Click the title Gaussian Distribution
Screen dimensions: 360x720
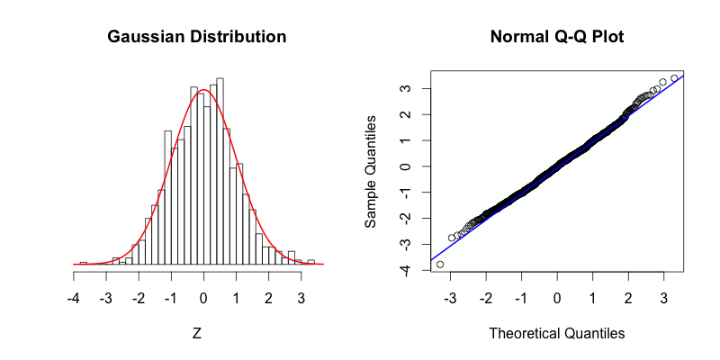197,38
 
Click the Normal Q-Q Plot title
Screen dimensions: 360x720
556,38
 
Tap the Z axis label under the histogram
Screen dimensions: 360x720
197,333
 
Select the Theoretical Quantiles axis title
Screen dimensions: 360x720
556,333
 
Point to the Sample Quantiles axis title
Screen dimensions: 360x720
371,170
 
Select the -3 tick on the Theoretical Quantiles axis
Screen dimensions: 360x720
451,298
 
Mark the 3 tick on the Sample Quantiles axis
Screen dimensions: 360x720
407,89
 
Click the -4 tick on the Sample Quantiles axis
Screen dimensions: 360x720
407,270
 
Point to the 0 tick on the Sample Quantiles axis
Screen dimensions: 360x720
407,166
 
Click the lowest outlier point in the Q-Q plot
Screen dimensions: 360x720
440,264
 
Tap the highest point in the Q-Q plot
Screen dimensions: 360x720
674,78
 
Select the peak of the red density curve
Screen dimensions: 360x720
204,90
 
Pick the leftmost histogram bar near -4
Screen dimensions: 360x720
83,263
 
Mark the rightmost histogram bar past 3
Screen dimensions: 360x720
311,262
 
